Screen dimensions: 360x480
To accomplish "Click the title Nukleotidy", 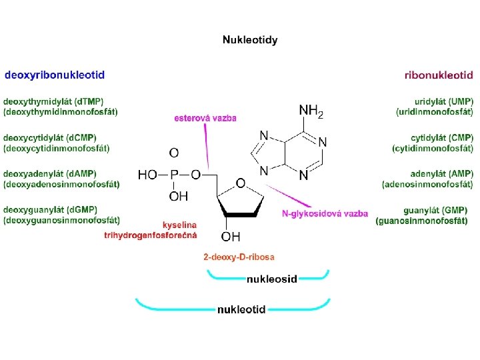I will tap(250, 40).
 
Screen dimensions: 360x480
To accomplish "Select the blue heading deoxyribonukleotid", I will tap(55, 75).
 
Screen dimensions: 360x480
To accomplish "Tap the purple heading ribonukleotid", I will tap(439, 75).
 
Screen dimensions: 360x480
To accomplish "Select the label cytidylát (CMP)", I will tap(442, 138).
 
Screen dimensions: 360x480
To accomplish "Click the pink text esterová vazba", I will tap(205, 118).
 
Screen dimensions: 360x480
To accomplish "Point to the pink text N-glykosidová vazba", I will tap(325, 214).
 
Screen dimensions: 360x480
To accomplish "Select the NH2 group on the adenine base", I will tap(311, 111).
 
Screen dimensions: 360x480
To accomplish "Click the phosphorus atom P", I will tap(174, 175).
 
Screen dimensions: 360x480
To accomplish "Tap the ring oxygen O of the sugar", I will tap(241, 182).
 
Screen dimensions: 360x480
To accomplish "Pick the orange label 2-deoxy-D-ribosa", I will tap(239, 257).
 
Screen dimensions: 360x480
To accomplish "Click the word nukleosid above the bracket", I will tap(272, 279).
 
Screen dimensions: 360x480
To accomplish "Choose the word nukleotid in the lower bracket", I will tap(241, 309).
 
